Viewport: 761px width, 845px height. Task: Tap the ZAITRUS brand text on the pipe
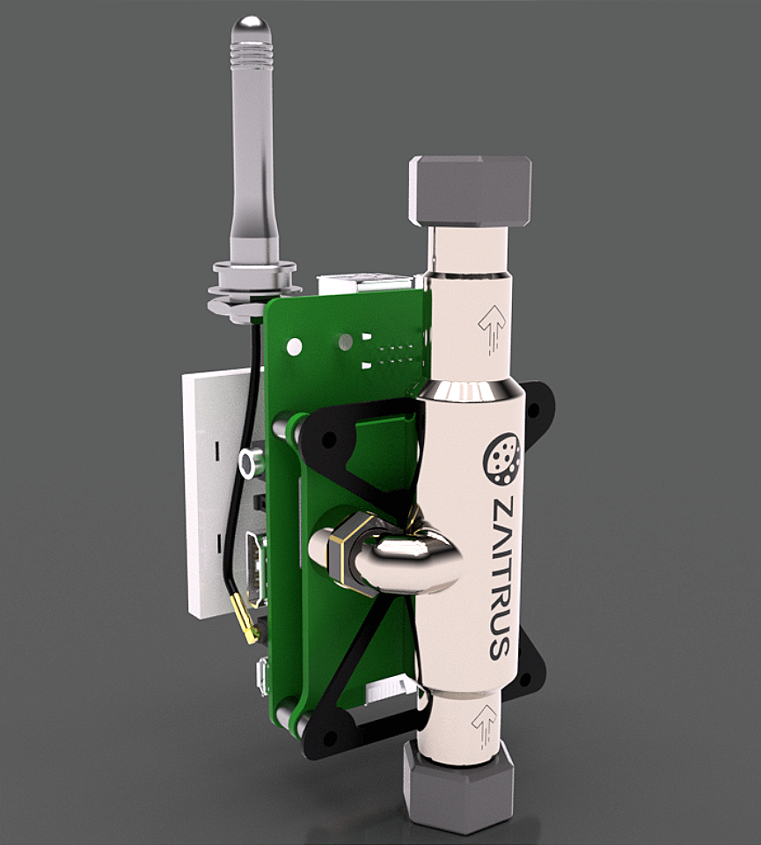[501, 578]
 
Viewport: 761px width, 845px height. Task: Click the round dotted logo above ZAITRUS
[503, 458]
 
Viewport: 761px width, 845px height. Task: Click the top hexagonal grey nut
[470, 191]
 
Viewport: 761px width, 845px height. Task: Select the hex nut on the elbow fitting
[345, 553]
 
